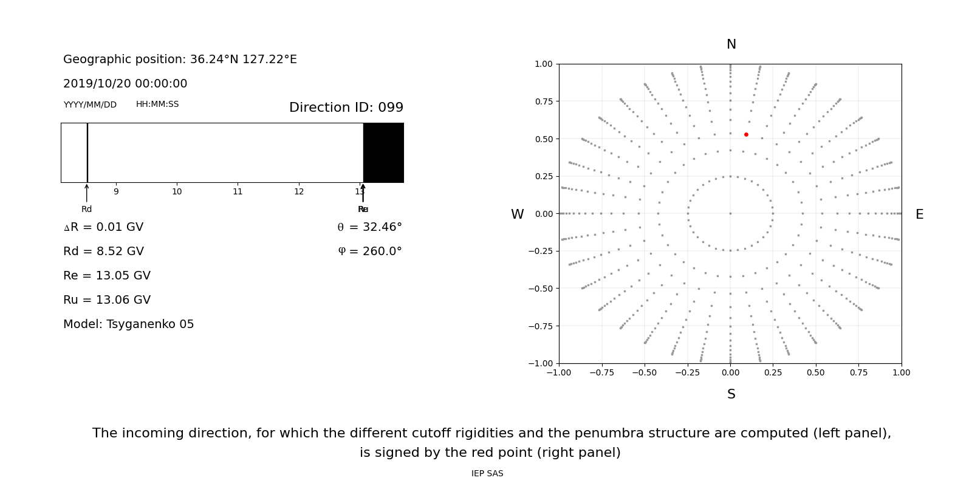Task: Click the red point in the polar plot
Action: click(746, 134)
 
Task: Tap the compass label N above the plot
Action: click(731, 44)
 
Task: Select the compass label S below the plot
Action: click(731, 394)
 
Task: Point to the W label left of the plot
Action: click(517, 214)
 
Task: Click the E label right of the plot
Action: click(919, 214)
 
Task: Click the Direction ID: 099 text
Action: click(346, 108)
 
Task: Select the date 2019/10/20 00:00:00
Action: click(125, 84)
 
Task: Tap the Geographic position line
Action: click(180, 60)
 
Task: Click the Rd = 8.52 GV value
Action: click(103, 252)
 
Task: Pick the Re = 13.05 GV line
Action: click(107, 276)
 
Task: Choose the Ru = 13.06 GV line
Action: click(107, 300)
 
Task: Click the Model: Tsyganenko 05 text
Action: click(129, 324)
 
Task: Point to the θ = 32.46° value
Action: click(369, 227)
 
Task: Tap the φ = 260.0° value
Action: click(369, 252)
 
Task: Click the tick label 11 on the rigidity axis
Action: click(238, 192)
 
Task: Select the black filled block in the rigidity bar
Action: click(383, 152)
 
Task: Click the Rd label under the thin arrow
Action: click(87, 210)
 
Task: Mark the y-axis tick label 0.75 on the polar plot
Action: click(544, 101)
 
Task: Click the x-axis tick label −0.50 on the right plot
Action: click(645, 373)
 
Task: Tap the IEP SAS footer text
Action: click(487, 474)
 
